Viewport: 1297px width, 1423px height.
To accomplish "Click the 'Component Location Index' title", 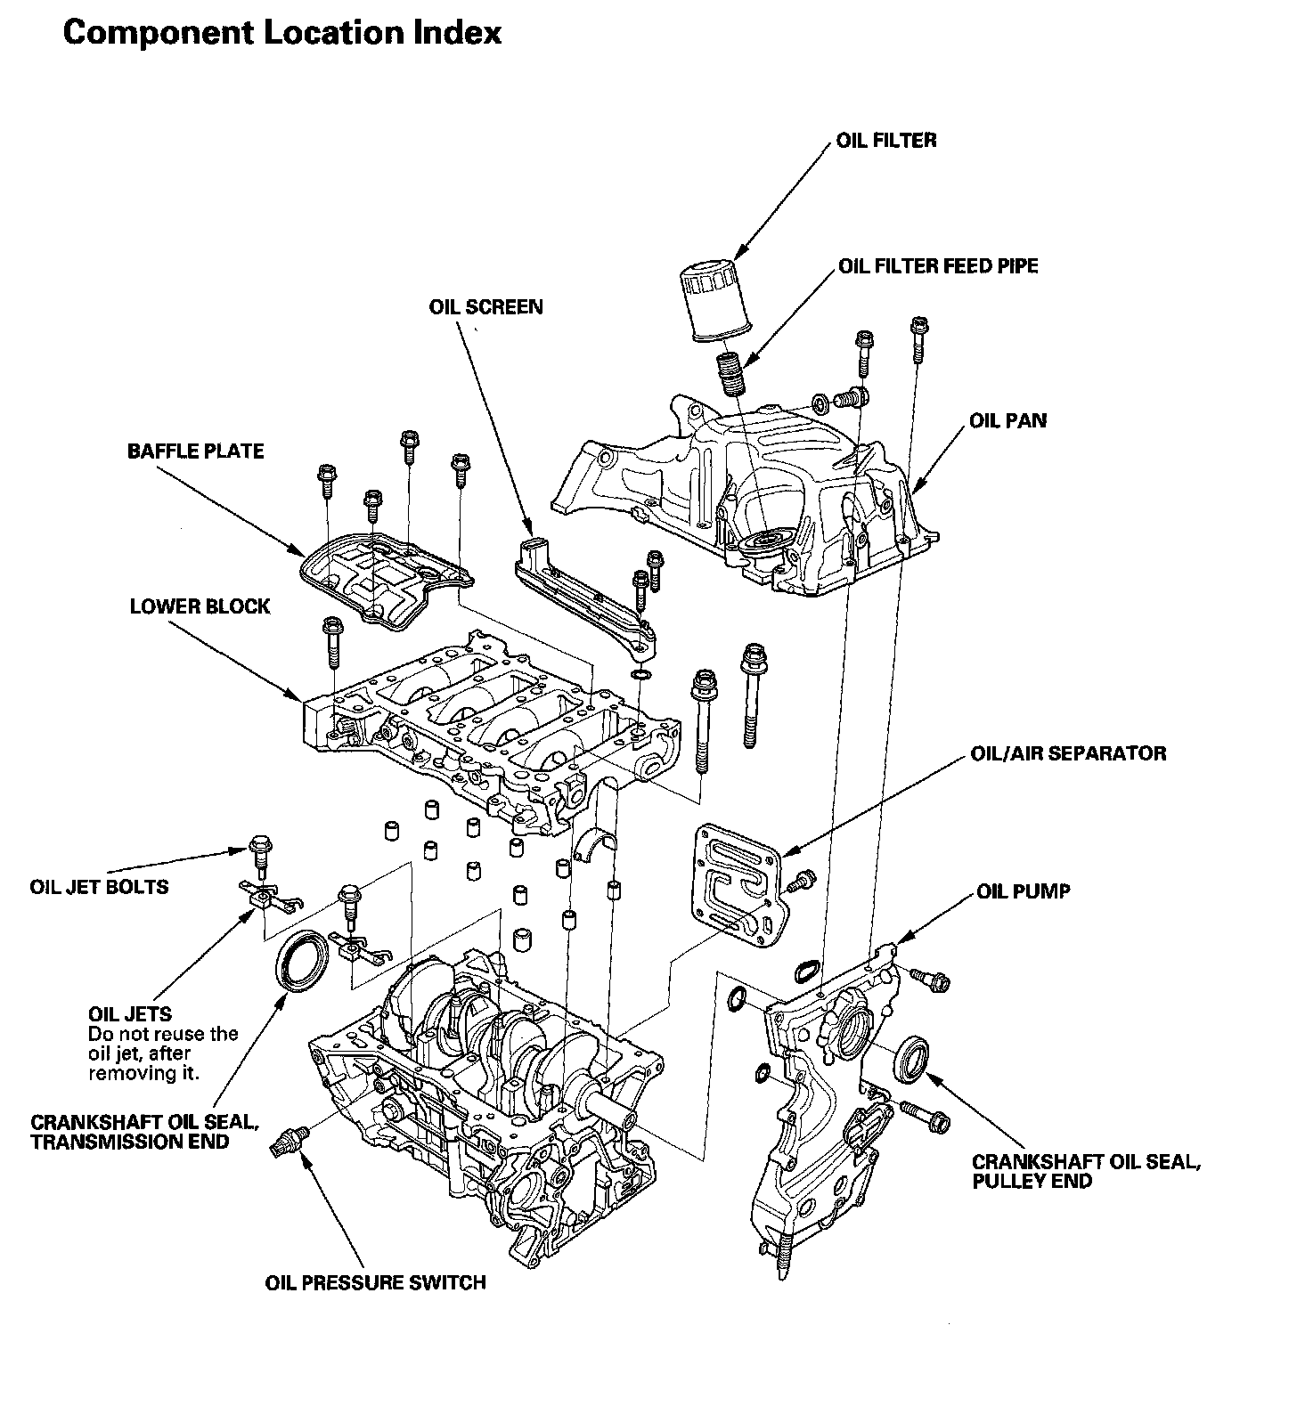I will pos(282,33).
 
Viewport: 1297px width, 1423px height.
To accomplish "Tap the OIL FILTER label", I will pos(886,140).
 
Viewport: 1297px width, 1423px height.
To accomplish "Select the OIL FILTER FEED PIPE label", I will pos(938,266).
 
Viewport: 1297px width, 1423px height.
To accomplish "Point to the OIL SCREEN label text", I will pos(485,307).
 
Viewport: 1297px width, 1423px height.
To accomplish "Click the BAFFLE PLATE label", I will pos(196,451).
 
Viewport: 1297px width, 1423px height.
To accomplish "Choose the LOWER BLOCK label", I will pos(200,606).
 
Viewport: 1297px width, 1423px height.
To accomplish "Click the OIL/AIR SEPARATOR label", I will pos(1068,753).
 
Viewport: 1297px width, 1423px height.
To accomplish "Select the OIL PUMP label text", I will pos(1024,891).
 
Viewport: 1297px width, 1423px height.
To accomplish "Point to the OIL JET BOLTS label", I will pos(99,887).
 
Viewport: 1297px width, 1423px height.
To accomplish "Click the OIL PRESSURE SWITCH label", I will pos(376,1283).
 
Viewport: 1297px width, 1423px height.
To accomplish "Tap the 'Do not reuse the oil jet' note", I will pos(163,1053).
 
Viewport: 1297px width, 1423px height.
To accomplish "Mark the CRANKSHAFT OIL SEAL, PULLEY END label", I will pos(1086,1172).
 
